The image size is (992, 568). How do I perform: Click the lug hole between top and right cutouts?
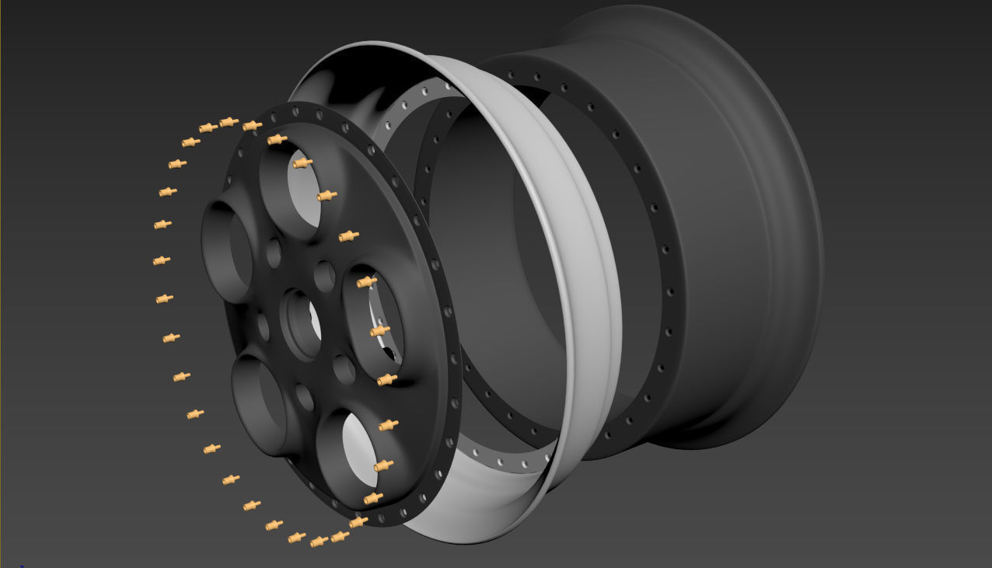324,276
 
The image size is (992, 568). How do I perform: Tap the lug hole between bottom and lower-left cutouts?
305,397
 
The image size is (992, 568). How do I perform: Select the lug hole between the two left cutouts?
263,327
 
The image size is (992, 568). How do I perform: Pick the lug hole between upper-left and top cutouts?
274,253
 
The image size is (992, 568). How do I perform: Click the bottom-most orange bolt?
318,542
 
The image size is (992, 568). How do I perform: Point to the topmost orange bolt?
229,122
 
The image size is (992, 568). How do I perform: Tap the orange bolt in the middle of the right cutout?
379,331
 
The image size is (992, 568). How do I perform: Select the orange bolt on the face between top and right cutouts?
348,235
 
